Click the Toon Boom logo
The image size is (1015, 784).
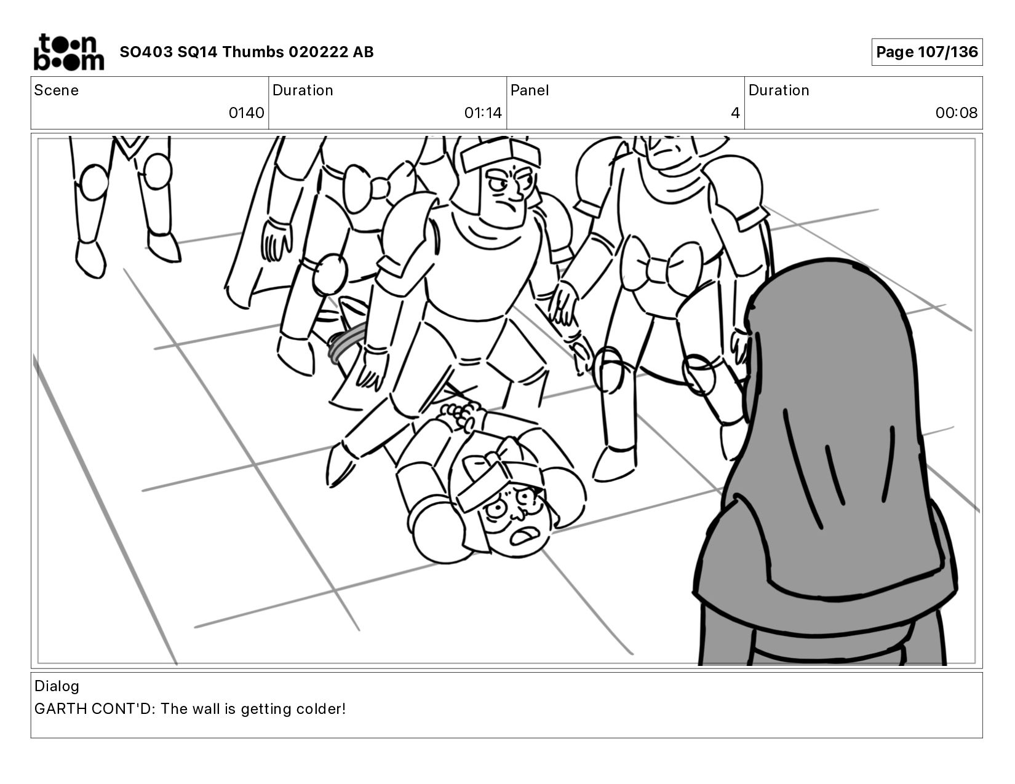coord(69,52)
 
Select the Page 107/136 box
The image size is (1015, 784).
coord(926,52)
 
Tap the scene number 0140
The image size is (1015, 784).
coord(246,113)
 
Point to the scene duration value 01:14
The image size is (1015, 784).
coord(482,113)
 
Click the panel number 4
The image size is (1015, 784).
coord(735,113)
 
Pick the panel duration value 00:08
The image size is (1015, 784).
coord(956,113)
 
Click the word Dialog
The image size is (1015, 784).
coord(57,686)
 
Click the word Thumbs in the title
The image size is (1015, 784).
coord(253,52)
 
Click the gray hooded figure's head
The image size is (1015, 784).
coord(827,374)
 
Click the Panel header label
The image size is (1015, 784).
coord(529,90)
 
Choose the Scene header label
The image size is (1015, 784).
coord(56,90)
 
